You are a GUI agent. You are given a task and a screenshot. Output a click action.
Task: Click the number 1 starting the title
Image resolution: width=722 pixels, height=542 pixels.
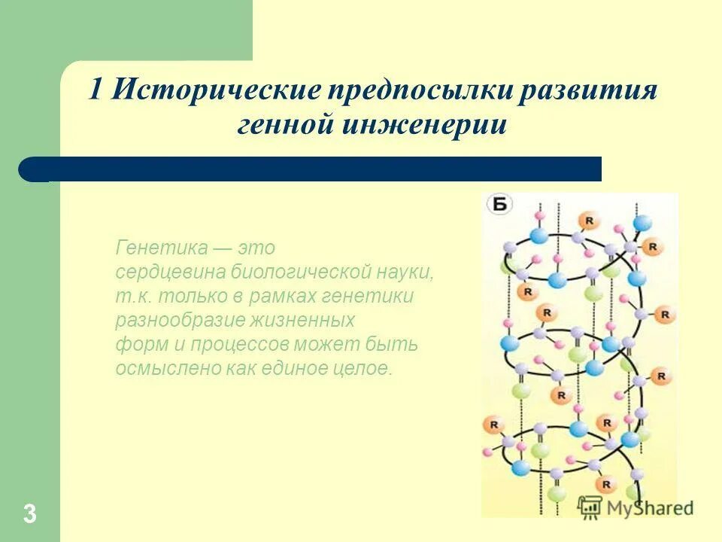[96, 91]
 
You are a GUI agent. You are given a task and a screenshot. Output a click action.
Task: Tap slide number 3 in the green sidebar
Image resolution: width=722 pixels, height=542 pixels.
[29, 515]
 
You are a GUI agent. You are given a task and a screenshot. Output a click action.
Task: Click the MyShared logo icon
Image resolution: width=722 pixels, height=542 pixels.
[590, 507]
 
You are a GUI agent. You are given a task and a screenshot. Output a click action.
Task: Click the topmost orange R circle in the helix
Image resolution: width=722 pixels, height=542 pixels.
[588, 220]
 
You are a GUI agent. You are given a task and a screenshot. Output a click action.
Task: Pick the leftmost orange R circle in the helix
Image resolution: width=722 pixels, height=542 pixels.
[495, 425]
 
